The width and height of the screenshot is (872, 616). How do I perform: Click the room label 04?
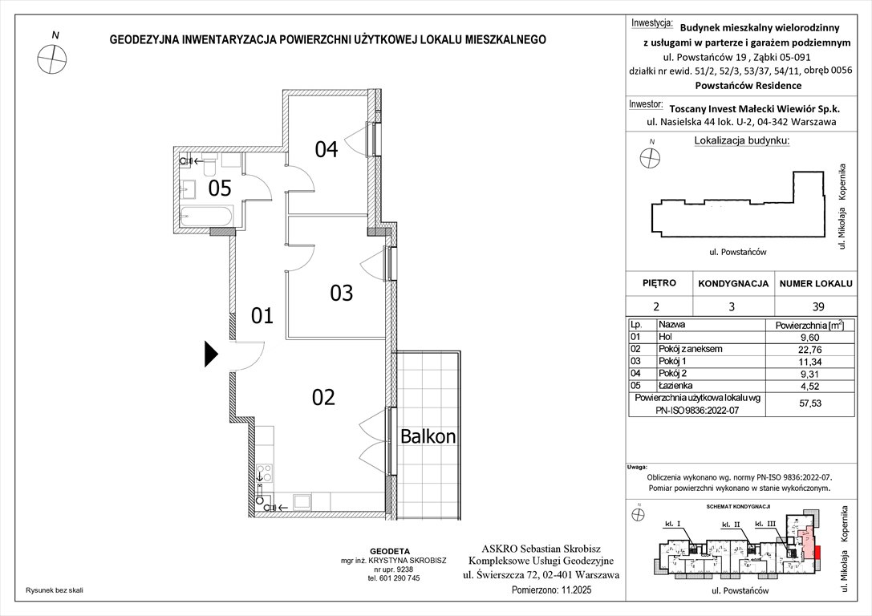click(326, 148)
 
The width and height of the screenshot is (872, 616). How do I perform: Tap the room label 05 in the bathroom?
click(221, 188)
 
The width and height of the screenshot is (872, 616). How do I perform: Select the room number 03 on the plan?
click(342, 293)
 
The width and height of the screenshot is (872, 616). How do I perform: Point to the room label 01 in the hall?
click(262, 315)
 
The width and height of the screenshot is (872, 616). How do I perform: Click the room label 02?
click(322, 396)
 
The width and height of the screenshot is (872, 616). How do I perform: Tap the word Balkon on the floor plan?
click(428, 437)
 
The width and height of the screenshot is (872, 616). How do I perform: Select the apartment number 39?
click(813, 306)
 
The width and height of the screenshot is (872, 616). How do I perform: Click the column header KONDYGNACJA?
click(733, 284)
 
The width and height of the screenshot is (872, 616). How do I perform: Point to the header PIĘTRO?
click(659, 284)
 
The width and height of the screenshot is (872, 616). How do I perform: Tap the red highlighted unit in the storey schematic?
click(817, 550)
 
